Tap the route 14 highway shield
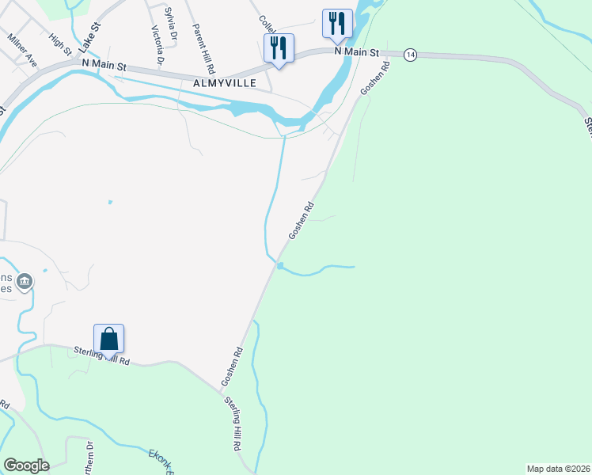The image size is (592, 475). tap(409, 54)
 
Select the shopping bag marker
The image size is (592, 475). tap(108, 339)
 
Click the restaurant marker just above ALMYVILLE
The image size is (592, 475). tap(278, 48)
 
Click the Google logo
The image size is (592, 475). tap(26, 465)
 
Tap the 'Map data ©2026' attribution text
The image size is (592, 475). tap(558, 468)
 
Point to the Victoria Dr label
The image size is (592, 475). tap(157, 45)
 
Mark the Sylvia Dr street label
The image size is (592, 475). tap(169, 18)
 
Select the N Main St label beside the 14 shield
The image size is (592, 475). tap(357, 51)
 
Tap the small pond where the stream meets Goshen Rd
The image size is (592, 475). tap(280, 265)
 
